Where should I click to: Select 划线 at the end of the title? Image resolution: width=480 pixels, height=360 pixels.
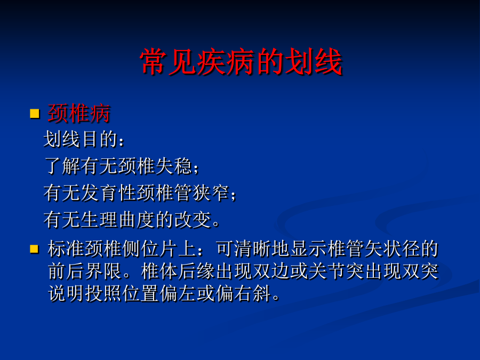[x=314, y=62]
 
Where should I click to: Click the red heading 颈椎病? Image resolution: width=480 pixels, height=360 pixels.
[x=79, y=114]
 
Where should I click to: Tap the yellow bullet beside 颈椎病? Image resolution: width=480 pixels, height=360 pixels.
[x=35, y=114]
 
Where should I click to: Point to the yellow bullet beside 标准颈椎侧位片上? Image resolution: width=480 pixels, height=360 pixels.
[x=34, y=249]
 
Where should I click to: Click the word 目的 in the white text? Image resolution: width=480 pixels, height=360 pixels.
[x=100, y=139]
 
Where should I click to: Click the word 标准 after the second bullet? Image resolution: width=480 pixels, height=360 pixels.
[x=66, y=249]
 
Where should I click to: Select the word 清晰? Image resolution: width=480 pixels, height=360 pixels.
[x=253, y=249]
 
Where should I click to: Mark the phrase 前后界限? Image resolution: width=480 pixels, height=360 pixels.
[x=85, y=271]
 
